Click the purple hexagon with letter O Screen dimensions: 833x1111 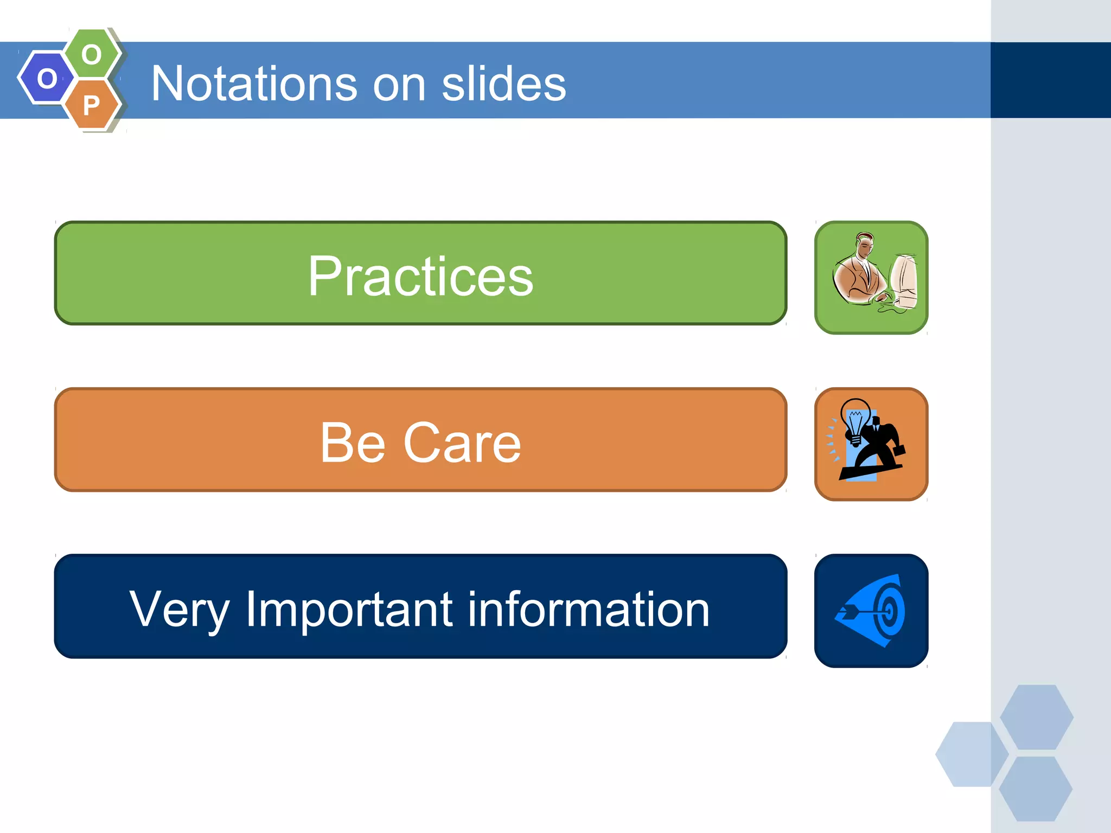pos(46,78)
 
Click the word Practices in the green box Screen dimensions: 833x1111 pos(420,277)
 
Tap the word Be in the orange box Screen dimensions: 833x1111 pos(353,443)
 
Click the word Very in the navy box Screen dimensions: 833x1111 pos(180,610)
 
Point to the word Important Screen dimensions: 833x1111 pos(349,610)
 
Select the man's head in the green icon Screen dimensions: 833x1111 pos(864,245)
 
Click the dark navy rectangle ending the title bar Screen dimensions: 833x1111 pos(1050,80)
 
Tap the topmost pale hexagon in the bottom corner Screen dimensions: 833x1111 pos(1036,717)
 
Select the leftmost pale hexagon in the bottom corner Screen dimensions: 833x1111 pos(971,754)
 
